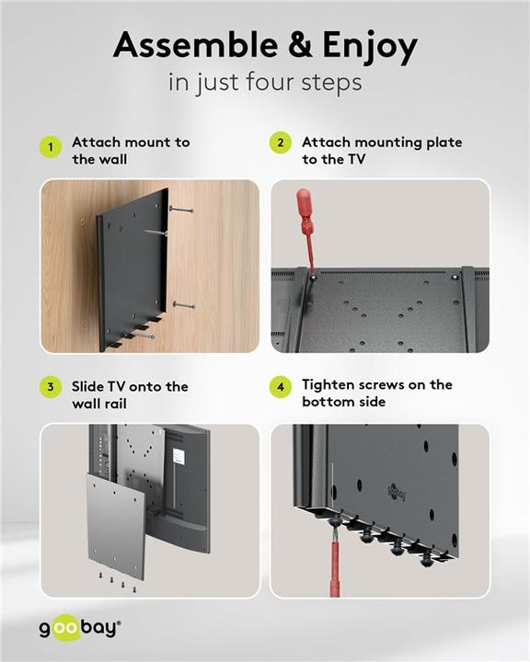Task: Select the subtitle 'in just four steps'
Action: [265, 82]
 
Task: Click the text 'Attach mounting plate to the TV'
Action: [382, 150]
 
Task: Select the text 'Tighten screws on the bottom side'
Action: [377, 393]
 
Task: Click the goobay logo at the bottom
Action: [79, 629]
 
